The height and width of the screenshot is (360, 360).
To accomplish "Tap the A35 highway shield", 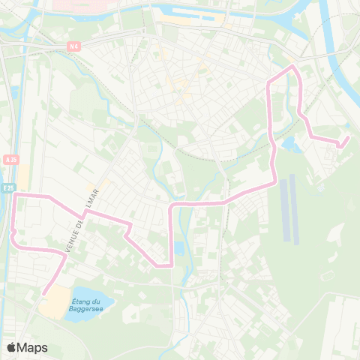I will click(x=10, y=160).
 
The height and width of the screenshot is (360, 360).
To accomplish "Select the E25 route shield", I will click(x=7, y=187).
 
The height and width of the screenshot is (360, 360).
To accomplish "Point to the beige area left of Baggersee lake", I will click(x=52, y=304).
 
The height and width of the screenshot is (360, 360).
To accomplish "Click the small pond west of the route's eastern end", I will click(x=289, y=143).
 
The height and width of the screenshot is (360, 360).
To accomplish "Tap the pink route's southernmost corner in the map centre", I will click(x=172, y=265).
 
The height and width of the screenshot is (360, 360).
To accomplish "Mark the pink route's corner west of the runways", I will click(x=275, y=180).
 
